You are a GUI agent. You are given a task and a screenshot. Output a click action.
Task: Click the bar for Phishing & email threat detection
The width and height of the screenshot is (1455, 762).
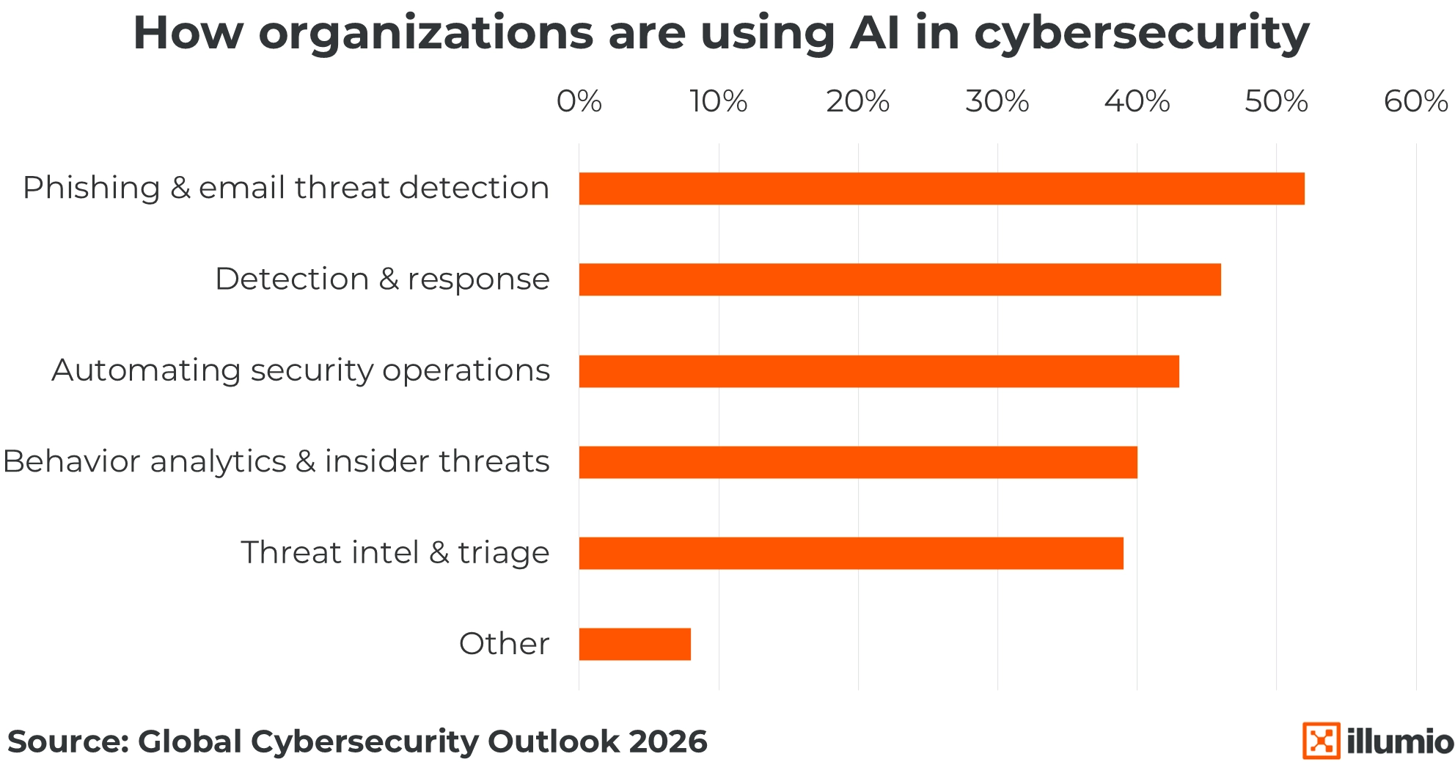(x=942, y=188)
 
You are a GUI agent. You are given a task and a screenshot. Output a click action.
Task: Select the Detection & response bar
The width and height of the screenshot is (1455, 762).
(x=900, y=279)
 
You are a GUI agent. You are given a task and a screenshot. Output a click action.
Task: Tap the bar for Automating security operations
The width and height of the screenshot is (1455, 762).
(x=879, y=371)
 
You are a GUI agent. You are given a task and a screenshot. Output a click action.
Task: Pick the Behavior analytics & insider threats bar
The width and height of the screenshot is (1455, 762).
(x=858, y=462)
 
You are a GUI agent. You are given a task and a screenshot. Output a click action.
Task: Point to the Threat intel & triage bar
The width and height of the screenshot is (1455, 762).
(x=851, y=553)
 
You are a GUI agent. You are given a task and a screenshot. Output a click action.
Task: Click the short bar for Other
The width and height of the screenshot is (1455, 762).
(x=634, y=644)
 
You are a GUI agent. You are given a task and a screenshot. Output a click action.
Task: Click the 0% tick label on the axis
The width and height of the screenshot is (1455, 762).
(x=579, y=102)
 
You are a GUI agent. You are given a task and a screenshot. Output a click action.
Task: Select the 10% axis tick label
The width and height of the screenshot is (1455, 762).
(x=719, y=102)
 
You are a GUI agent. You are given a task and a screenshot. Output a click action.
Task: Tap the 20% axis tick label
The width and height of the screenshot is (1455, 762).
(x=858, y=102)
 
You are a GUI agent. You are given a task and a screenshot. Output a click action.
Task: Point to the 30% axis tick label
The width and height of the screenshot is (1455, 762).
(x=997, y=102)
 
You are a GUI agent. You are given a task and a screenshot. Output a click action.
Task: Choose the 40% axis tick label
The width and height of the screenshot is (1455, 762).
(x=1137, y=102)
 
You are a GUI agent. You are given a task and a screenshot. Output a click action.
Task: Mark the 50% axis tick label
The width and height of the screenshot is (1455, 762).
(x=1276, y=102)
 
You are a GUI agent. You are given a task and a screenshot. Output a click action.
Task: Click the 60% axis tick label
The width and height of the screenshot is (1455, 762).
(x=1415, y=102)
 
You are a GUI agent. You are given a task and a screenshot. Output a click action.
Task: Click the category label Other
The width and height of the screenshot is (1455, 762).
(x=504, y=644)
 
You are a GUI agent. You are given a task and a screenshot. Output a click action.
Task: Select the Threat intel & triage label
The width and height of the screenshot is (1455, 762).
(x=395, y=553)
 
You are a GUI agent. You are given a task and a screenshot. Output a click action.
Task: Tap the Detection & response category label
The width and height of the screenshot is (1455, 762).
(x=382, y=279)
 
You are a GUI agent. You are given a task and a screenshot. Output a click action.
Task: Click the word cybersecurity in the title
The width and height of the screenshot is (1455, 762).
(x=1141, y=34)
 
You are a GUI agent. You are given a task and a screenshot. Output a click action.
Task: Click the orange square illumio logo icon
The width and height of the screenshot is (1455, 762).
(x=1321, y=741)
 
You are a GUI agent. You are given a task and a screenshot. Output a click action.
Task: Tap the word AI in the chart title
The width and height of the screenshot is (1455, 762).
(x=875, y=34)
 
